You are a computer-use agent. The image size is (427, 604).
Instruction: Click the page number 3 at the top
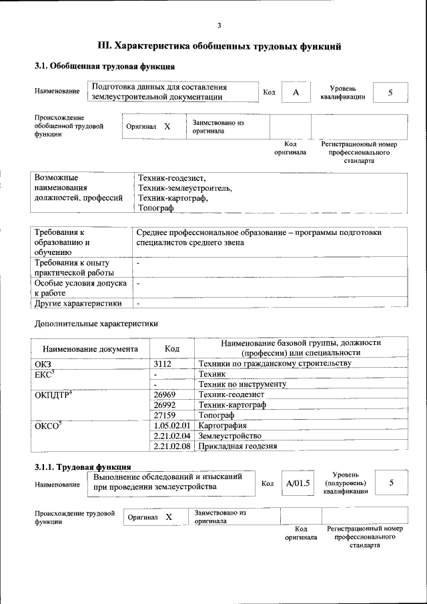click(219, 26)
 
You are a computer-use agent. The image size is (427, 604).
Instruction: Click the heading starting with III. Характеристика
click(220, 46)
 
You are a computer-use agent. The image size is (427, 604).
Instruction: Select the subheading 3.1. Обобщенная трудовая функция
click(105, 67)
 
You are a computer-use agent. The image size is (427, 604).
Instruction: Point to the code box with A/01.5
click(298, 483)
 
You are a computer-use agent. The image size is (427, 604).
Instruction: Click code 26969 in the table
click(164, 395)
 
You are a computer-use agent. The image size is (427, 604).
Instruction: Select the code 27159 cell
click(164, 415)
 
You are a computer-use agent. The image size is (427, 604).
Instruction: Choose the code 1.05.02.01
click(172, 426)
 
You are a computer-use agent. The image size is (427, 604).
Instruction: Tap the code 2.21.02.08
click(172, 446)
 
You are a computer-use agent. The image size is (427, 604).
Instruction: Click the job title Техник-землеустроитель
click(185, 188)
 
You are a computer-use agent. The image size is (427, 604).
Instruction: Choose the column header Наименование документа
click(90, 348)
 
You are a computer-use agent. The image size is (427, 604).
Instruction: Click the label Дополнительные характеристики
click(96, 324)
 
